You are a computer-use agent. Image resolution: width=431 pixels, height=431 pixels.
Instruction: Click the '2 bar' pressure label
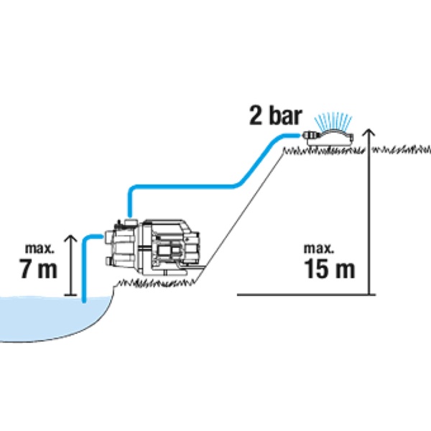tap(275, 116)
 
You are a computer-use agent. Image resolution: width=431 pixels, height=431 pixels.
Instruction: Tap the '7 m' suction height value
tap(38, 268)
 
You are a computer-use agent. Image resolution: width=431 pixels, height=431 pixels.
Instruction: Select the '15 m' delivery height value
tap(329, 269)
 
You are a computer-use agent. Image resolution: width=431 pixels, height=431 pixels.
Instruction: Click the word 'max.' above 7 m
tap(40, 249)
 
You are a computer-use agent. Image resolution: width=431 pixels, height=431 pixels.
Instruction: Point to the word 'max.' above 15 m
tap(319, 249)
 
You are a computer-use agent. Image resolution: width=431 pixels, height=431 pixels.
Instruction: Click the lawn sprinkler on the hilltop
tap(328, 137)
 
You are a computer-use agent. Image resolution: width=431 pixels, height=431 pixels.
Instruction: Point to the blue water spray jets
tap(333, 121)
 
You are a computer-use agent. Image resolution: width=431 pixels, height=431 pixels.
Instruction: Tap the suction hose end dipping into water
tap(84, 300)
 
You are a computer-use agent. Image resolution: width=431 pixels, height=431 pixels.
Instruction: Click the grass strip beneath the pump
tap(156, 284)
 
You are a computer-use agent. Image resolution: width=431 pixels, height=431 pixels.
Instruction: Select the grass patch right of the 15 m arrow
tap(402, 150)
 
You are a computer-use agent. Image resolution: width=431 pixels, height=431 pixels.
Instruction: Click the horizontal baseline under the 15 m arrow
tap(306, 295)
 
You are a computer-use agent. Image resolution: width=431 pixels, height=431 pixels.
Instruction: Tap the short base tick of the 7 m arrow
tap(70, 295)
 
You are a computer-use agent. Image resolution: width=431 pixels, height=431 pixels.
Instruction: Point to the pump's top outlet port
tap(130, 221)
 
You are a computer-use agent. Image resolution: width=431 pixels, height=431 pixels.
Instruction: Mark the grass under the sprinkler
tap(325, 151)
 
